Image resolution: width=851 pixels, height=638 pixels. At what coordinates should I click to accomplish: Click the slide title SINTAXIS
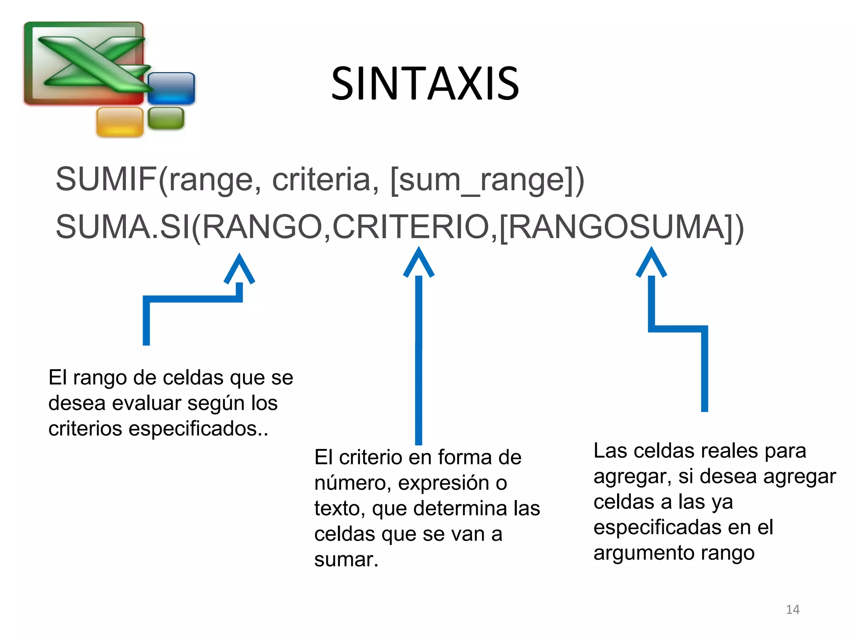(x=425, y=84)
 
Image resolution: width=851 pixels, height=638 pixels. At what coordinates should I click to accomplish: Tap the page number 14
(x=792, y=609)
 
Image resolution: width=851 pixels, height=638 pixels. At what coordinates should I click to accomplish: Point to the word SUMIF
(x=106, y=179)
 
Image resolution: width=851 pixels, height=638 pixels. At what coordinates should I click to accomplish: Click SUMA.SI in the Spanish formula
(x=123, y=227)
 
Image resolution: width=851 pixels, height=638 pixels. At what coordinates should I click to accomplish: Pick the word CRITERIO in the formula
(x=411, y=227)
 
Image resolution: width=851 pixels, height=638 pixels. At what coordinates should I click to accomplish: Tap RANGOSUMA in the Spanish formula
(x=616, y=227)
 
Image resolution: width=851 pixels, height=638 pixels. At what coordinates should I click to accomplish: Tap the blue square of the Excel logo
(x=171, y=88)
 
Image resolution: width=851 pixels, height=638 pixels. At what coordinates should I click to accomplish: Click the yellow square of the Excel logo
(x=120, y=121)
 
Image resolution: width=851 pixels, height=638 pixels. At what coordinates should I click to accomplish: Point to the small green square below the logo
(x=166, y=118)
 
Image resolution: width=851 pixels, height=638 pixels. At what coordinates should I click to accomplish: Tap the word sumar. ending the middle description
(x=346, y=559)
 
